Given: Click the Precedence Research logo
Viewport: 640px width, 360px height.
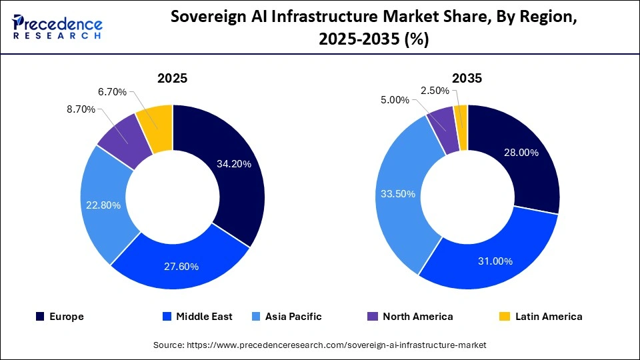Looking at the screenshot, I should pos(57,27).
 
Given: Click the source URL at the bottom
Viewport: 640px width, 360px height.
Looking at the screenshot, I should pos(320,345).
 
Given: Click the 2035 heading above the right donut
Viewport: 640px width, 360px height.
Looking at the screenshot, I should pos(467,78).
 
